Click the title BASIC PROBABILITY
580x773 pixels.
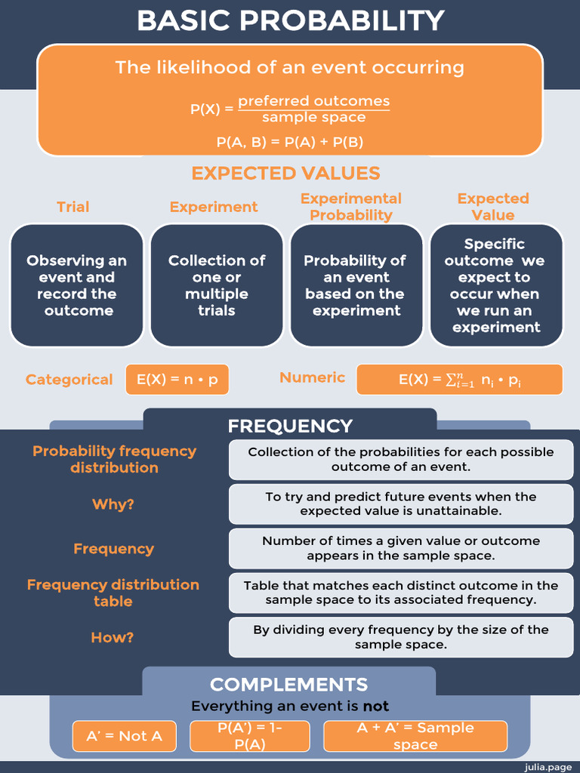(290, 20)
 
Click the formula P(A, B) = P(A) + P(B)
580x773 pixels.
(290, 141)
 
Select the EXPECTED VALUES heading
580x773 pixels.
(285, 173)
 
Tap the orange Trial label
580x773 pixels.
(72, 207)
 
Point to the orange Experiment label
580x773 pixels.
(214, 207)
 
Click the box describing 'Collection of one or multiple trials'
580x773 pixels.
(217, 285)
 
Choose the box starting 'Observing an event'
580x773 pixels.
(76, 285)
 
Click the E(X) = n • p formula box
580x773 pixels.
(177, 380)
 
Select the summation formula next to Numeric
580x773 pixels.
(459, 380)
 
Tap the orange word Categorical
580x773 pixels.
(69, 380)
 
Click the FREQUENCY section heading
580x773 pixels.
(290, 426)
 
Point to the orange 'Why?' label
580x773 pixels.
(113, 504)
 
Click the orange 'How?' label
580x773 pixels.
(113, 638)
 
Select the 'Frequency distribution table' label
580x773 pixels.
(113, 593)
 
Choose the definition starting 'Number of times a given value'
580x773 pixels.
(400, 548)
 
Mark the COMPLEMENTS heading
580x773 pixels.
(288, 685)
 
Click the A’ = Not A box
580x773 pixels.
(124, 736)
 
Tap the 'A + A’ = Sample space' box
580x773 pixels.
(415, 736)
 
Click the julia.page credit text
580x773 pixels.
(550, 766)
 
